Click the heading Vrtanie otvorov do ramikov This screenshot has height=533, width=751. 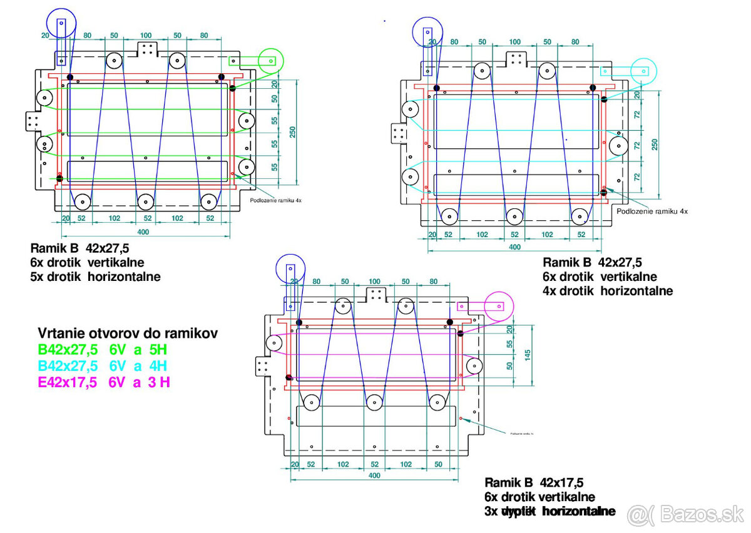pyautogui.click(x=128, y=333)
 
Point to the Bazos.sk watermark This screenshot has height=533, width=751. pyautogui.click(x=685, y=515)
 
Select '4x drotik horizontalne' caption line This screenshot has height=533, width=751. pyautogui.click(x=608, y=290)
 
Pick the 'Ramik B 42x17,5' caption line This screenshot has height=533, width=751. pyautogui.click(x=534, y=482)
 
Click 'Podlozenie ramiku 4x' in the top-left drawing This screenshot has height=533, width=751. pyautogui.click(x=276, y=201)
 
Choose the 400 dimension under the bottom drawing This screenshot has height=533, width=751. pyautogui.click(x=374, y=475)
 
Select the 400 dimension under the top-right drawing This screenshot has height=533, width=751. pyautogui.click(x=514, y=246)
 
